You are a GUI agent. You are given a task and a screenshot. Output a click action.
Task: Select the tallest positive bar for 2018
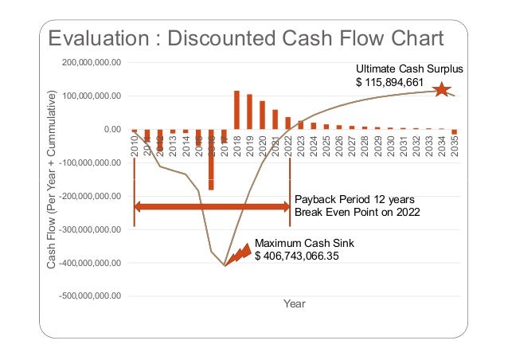pos(236,109)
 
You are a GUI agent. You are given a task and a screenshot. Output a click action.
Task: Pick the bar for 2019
pos(249,112)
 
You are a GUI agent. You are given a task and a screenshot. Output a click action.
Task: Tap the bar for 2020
pos(262,115)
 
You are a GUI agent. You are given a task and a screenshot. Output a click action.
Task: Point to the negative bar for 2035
pos(455,132)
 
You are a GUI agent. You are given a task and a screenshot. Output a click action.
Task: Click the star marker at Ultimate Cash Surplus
pos(440,91)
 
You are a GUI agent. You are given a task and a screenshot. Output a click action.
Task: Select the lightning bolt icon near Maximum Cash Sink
pos(239,254)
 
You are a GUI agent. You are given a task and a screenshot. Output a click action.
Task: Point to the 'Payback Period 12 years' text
pos(354,200)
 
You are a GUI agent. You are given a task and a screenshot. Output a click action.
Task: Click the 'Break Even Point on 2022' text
pos(358,213)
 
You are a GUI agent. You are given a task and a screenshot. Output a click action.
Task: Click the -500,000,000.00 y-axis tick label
pos(89,295)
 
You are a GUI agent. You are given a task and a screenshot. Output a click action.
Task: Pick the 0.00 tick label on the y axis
pos(107,129)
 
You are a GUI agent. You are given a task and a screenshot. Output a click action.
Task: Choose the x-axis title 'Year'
pos(294,304)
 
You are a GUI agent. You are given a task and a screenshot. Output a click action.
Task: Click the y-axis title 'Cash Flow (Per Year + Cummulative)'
pos(53,179)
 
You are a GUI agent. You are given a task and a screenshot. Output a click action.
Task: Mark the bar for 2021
pos(275,119)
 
